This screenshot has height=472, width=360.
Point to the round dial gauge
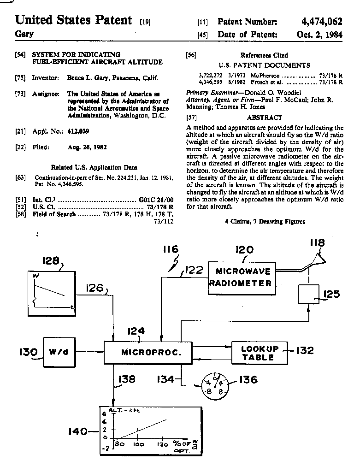(x=215, y=386)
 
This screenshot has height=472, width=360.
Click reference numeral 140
(x=78, y=431)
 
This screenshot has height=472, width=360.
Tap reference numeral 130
(x=28, y=352)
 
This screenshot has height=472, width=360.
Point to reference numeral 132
(x=305, y=350)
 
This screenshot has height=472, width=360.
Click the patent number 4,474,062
(x=322, y=22)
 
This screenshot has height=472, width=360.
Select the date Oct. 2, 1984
(x=319, y=35)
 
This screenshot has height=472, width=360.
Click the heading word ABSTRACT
(x=264, y=118)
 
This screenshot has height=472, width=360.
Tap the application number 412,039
(x=78, y=131)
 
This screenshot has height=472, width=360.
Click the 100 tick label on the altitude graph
(x=138, y=445)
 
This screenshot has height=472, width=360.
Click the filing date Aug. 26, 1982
(x=87, y=147)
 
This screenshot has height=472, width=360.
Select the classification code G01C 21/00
(x=156, y=200)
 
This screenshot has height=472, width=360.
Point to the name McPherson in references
(x=265, y=76)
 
